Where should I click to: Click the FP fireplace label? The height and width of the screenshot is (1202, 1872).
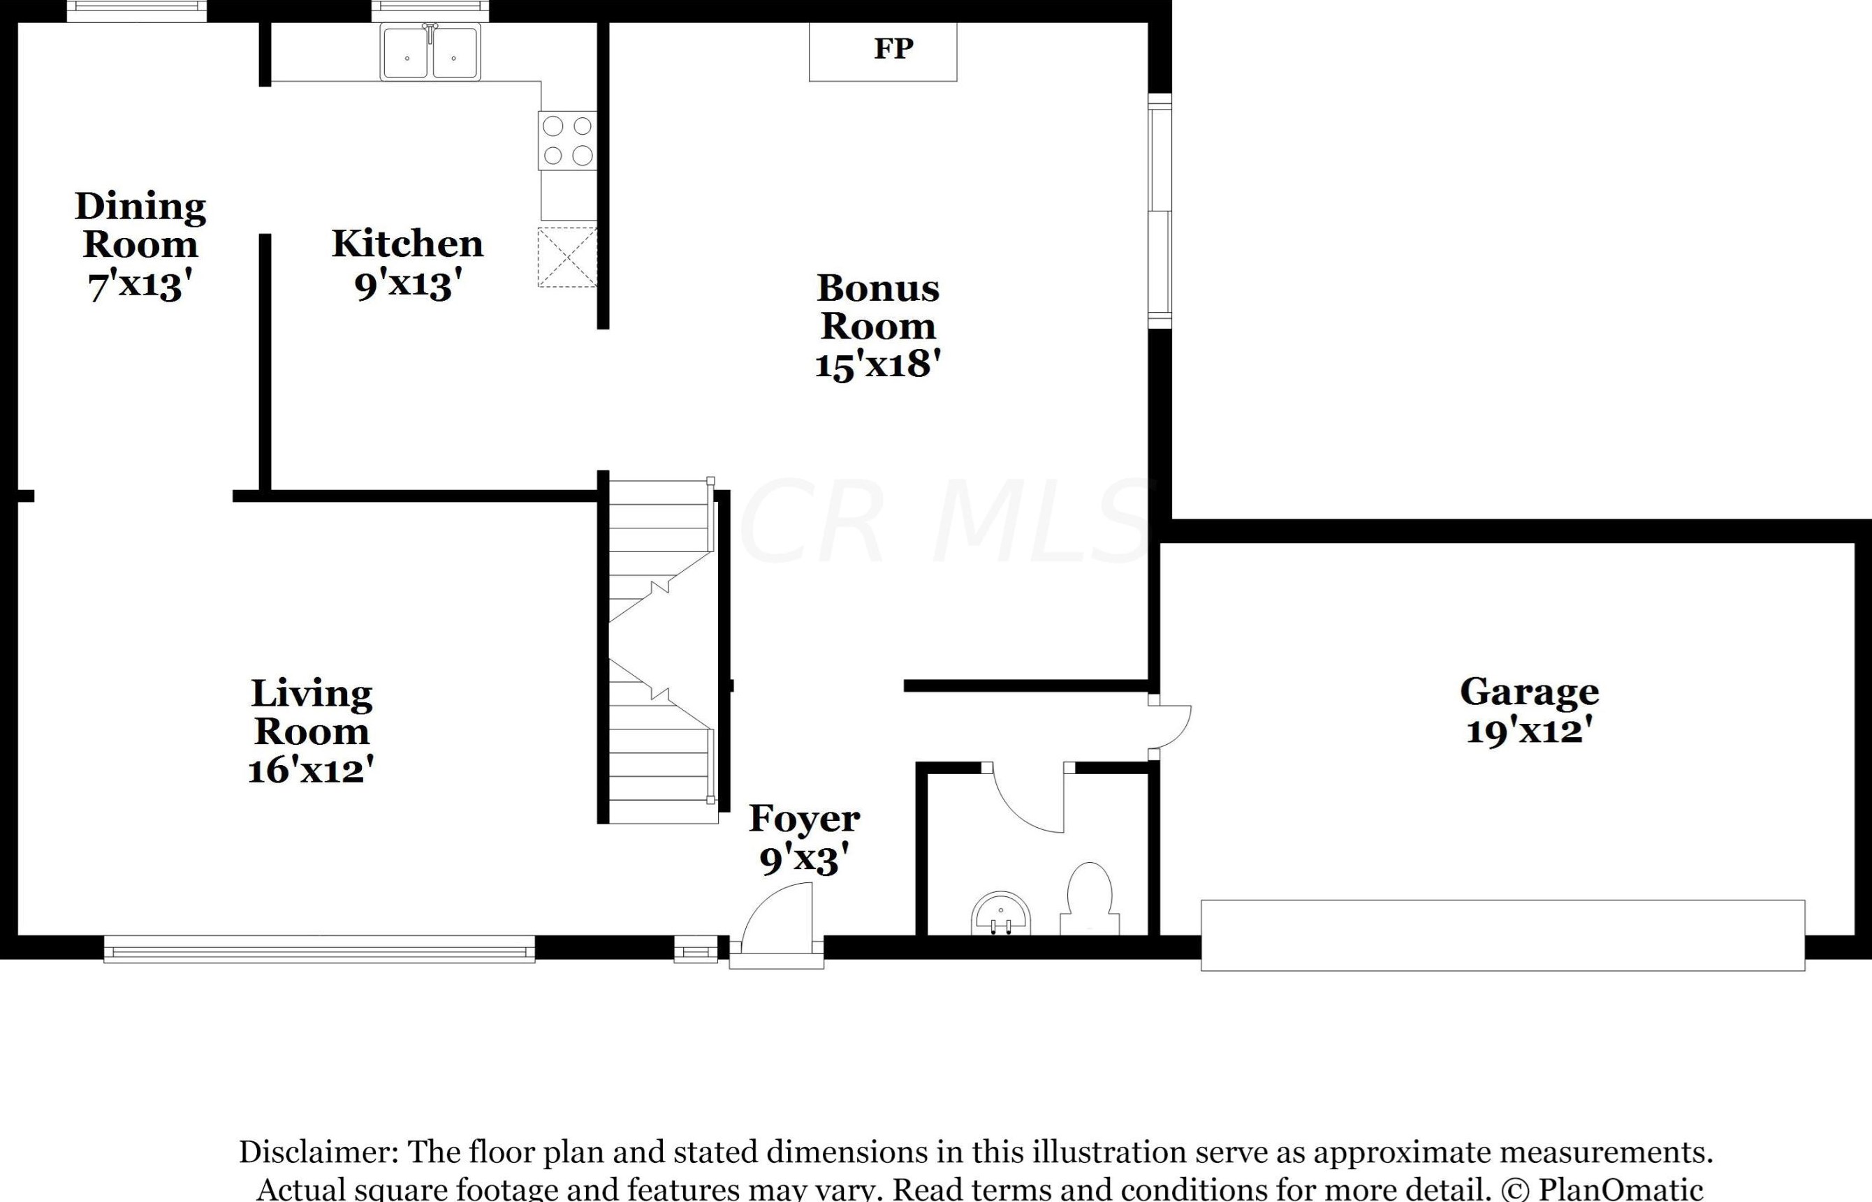(x=893, y=48)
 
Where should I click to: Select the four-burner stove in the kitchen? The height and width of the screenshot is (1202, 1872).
(x=567, y=140)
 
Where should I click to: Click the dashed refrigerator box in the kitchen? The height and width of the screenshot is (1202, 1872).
(x=567, y=257)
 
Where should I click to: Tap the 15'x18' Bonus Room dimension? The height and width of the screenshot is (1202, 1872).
(x=877, y=364)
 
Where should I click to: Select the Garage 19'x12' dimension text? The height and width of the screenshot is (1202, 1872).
(x=1529, y=732)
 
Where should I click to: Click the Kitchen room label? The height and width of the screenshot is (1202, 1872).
(x=407, y=244)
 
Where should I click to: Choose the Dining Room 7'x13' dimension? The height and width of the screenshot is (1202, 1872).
(x=140, y=285)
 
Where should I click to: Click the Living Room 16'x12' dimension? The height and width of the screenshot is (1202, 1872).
(x=311, y=770)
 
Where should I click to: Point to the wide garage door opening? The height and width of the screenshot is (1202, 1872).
(x=1502, y=935)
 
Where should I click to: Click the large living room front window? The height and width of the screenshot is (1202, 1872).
(x=319, y=949)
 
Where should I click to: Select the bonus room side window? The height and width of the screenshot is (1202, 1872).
(x=1160, y=211)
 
